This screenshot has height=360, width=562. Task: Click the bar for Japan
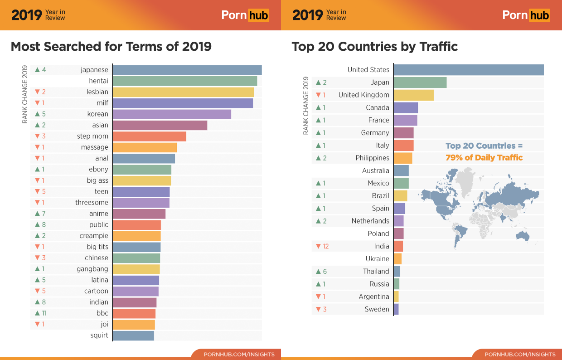coord(420,83)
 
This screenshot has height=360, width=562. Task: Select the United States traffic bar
coord(469,70)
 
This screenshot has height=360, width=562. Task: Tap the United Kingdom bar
coord(413,95)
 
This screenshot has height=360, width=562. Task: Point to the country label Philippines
coord(372,158)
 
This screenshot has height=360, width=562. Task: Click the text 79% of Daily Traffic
coord(484,158)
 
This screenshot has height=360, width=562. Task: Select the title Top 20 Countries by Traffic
coord(374,46)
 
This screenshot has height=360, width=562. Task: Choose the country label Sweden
coord(377,309)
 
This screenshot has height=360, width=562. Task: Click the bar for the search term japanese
coord(187,70)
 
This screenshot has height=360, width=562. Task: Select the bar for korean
coord(172,114)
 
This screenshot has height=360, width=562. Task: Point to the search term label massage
coord(94,147)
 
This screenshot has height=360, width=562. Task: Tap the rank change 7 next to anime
coord(44,214)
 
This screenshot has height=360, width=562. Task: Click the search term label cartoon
coord(96,291)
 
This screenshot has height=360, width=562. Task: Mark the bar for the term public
coord(136,225)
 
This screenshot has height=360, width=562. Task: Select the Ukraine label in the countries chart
coord(377,259)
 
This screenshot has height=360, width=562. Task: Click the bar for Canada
coord(406,107)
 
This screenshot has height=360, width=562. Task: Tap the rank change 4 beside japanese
coord(44,70)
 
